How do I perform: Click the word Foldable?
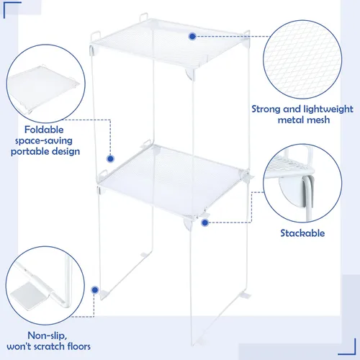tap(44, 130)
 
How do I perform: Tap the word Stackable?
tap(302, 233)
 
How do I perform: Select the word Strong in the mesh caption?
tap(266, 109)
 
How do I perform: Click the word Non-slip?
tap(47, 336)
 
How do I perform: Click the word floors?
tap(79, 346)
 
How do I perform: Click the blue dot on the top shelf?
tap(192, 37)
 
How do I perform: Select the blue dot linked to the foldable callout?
tap(110, 158)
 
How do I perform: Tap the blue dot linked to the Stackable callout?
tap(204, 222)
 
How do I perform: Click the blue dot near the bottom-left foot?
tap(95, 290)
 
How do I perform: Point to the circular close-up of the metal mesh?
tap(302, 60)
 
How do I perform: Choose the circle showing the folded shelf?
tap(46, 84)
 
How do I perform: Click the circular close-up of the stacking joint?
tap(302, 183)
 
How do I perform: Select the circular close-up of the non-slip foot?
tap(45, 286)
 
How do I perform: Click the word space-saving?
tap(44, 141)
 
